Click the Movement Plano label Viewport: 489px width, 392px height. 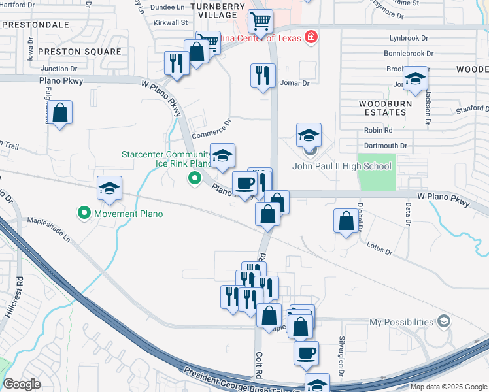tap(127, 214)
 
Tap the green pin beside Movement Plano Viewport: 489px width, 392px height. tap(84, 213)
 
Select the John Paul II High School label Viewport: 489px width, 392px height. tap(341, 166)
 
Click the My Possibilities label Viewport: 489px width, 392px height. tap(401, 322)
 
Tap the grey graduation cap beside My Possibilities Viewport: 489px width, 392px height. tap(445, 321)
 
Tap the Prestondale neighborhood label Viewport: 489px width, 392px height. tap(35, 24)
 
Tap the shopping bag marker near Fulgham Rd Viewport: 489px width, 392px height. tap(59, 113)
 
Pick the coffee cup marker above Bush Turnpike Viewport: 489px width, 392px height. tap(306, 354)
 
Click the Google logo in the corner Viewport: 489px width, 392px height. tap(22, 384)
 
